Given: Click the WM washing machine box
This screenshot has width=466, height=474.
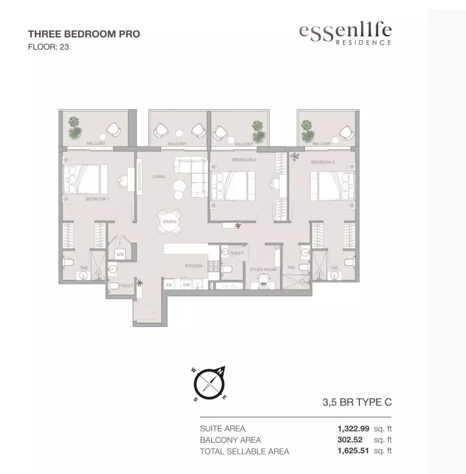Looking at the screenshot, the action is click(120, 254).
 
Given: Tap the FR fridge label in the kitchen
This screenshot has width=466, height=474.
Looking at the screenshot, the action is click(169, 285).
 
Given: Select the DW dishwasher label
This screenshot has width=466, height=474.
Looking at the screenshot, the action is click(187, 284).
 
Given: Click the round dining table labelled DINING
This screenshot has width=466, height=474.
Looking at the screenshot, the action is click(170, 222).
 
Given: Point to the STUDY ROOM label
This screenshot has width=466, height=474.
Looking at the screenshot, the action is click(263, 269).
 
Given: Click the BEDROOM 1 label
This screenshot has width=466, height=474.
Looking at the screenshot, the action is click(97, 199).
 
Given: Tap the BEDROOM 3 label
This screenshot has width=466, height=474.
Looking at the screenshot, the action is click(323, 162).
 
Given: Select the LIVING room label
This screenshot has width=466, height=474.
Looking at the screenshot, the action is click(159, 177).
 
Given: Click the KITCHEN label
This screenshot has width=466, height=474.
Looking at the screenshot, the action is click(194, 266).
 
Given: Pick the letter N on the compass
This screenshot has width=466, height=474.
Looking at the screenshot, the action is click(221, 372).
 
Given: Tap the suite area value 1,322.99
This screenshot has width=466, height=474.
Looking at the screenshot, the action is click(353, 429).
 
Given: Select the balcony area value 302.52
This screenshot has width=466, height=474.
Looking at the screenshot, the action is click(349, 440).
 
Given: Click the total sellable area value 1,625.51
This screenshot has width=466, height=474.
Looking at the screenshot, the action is click(353, 450).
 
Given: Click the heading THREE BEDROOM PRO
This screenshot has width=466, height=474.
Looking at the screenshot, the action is click(84, 34).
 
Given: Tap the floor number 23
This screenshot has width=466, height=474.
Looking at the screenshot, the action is click(64, 47).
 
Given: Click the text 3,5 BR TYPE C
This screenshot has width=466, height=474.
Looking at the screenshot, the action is click(357, 402).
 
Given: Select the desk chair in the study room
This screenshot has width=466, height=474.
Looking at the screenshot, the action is click(263, 278).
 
